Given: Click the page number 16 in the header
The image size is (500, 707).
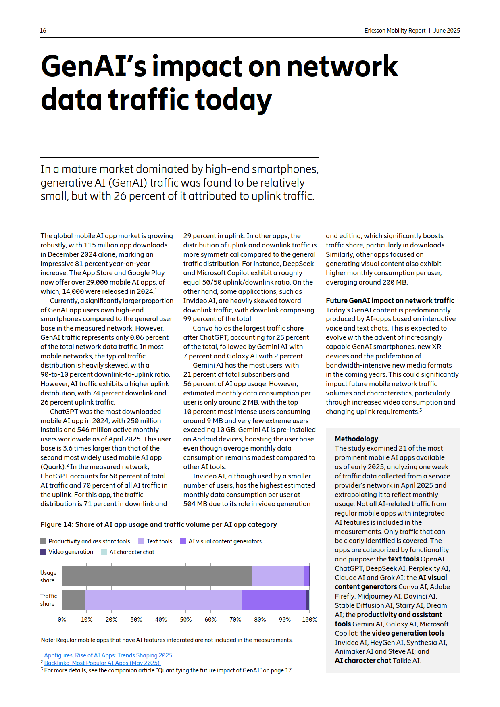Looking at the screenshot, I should point(43,31).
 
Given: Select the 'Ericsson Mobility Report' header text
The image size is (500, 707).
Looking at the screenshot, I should point(395,31).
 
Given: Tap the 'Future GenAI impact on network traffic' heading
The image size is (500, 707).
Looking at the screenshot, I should point(390,301).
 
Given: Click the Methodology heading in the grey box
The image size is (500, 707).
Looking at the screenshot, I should point(356,439).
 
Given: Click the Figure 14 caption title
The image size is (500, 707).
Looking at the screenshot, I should point(158,524).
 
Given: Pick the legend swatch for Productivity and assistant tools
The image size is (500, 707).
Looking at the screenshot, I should point(44,541).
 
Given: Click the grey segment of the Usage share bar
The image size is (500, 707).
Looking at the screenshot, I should point(156,576).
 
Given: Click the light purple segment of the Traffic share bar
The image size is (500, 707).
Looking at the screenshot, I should point(163,599).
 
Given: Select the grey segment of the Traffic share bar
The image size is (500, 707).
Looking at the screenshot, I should point(73,599).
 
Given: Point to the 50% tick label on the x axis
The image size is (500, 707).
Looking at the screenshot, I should point(185,620).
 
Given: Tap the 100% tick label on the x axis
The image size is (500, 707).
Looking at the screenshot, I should point(309,620).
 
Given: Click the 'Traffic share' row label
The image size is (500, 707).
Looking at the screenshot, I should point(48,600).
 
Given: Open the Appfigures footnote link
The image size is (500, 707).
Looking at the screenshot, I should point(108,655).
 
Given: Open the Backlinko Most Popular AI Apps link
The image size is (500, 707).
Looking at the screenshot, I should point(102,663).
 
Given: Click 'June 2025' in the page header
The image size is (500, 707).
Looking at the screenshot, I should point(447,31).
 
